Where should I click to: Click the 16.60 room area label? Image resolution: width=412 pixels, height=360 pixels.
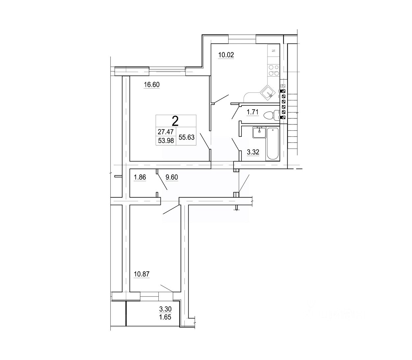[x=151, y=85]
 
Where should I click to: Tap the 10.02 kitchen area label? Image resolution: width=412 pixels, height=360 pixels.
[x=226, y=55]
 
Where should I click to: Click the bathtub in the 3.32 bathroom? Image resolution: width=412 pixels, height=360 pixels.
[x=273, y=143]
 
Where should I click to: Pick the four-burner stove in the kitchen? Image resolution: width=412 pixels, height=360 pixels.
[x=274, y=70]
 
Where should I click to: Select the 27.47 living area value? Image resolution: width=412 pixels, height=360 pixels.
[x=166, y=132]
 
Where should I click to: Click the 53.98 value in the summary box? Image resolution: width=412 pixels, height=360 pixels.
[x=166, y=141]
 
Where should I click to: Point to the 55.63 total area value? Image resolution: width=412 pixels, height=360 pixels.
[x=186, y=138]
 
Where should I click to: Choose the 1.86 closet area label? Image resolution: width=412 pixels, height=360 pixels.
[x=140, y=178]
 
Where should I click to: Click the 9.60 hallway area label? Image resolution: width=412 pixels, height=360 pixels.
[x=172, y=178]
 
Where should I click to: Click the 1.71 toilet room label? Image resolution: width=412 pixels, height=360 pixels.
[x=253, y=113]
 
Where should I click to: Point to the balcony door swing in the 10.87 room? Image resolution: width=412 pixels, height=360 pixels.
[x=166, y=288]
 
